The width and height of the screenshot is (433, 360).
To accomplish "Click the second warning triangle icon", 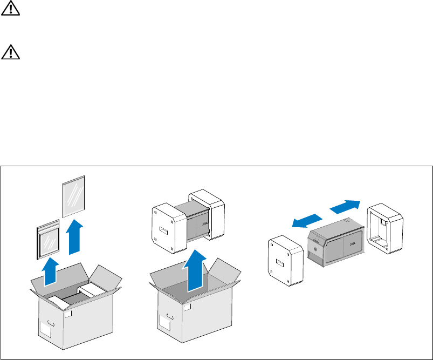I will [9, 52].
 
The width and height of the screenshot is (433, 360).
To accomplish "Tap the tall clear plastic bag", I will [74, 195].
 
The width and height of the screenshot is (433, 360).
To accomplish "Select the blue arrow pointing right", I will [343, 206].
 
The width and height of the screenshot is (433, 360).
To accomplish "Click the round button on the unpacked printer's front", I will [313, 247].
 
